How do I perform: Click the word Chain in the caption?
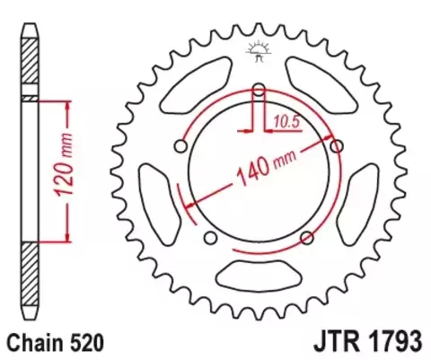[33, 342]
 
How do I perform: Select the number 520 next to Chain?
[90, 342]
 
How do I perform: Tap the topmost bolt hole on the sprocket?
[259, 88]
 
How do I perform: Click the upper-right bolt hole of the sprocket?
[338, 145]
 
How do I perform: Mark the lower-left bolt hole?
[210, 237]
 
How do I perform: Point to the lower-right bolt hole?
[307, 237]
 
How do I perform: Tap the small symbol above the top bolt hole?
[259, 50]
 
